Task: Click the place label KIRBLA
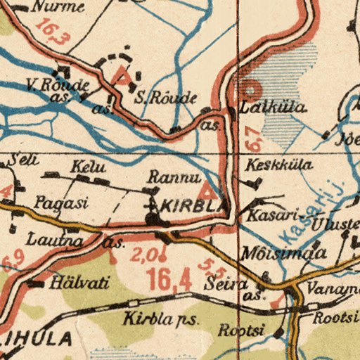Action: pos(194,206)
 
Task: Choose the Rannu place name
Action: pos(167,178)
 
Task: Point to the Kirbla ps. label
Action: pos(162,319)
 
